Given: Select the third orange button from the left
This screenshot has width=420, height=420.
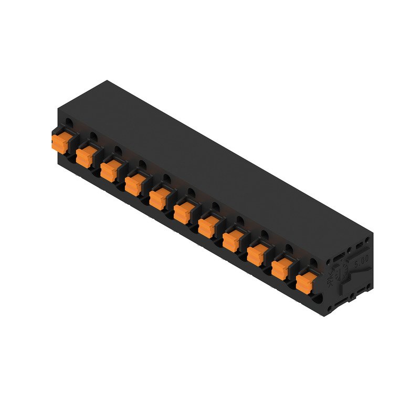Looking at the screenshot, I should (x=109, y=170).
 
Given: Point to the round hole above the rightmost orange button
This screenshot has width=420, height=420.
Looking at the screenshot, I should (x=313, y=262).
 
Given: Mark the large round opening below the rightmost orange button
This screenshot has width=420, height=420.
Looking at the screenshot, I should (x=317, y=301).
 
